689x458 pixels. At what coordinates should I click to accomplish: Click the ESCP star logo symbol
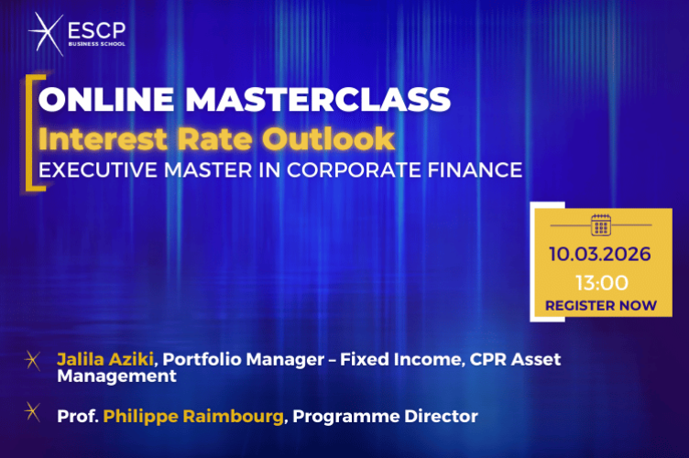(44, 35)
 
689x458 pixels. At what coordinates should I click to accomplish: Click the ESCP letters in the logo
(97, 30)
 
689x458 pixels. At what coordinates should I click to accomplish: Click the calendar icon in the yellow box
(600, 224)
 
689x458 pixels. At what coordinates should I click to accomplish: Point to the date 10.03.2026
(601, 254)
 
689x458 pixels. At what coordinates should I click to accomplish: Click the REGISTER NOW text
(601, 305)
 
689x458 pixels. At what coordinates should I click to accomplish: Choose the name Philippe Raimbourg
(195, 417)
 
